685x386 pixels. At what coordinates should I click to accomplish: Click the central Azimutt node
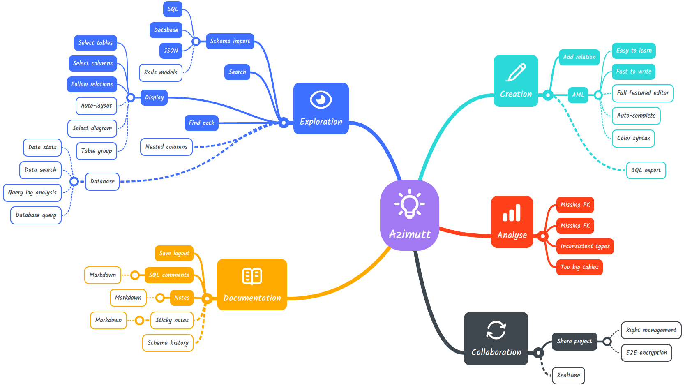(x=410, y=215)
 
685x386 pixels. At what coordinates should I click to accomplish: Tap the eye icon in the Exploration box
(x=321, y=99)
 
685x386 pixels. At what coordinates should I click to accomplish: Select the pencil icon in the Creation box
(x=516, y=72)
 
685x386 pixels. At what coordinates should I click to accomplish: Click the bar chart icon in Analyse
(x=512, y=213)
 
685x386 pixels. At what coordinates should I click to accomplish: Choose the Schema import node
(x=230, y=41)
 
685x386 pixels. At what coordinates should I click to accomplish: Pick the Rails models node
(x=161, y=72)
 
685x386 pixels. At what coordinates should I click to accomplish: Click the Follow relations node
(x=92, y=84)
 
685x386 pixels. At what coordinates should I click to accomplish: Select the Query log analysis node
(x=32, y=192)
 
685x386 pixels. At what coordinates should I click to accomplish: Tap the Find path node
(x=201, y=123)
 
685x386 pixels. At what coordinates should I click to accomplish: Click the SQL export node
(x=646, y=170)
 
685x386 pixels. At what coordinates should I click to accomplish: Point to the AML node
(x=578, y=95)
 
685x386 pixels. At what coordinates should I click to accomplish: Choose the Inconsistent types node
(x=585, y=246)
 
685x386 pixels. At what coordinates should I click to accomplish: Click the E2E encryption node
(x=646, y=353)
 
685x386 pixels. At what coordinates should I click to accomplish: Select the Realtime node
(x=568, y=375)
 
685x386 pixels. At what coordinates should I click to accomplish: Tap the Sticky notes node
(x=172, y=320)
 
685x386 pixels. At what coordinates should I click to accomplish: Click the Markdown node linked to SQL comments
(x=103, y=275)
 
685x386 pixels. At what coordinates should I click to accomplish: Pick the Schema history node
(x=168, y=343)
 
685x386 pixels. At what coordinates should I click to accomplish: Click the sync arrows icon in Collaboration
(x=496, y=330)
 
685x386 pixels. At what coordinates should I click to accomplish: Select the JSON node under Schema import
(x=171, y=51)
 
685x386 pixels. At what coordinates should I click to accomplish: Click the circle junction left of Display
(x=131, y=97)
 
